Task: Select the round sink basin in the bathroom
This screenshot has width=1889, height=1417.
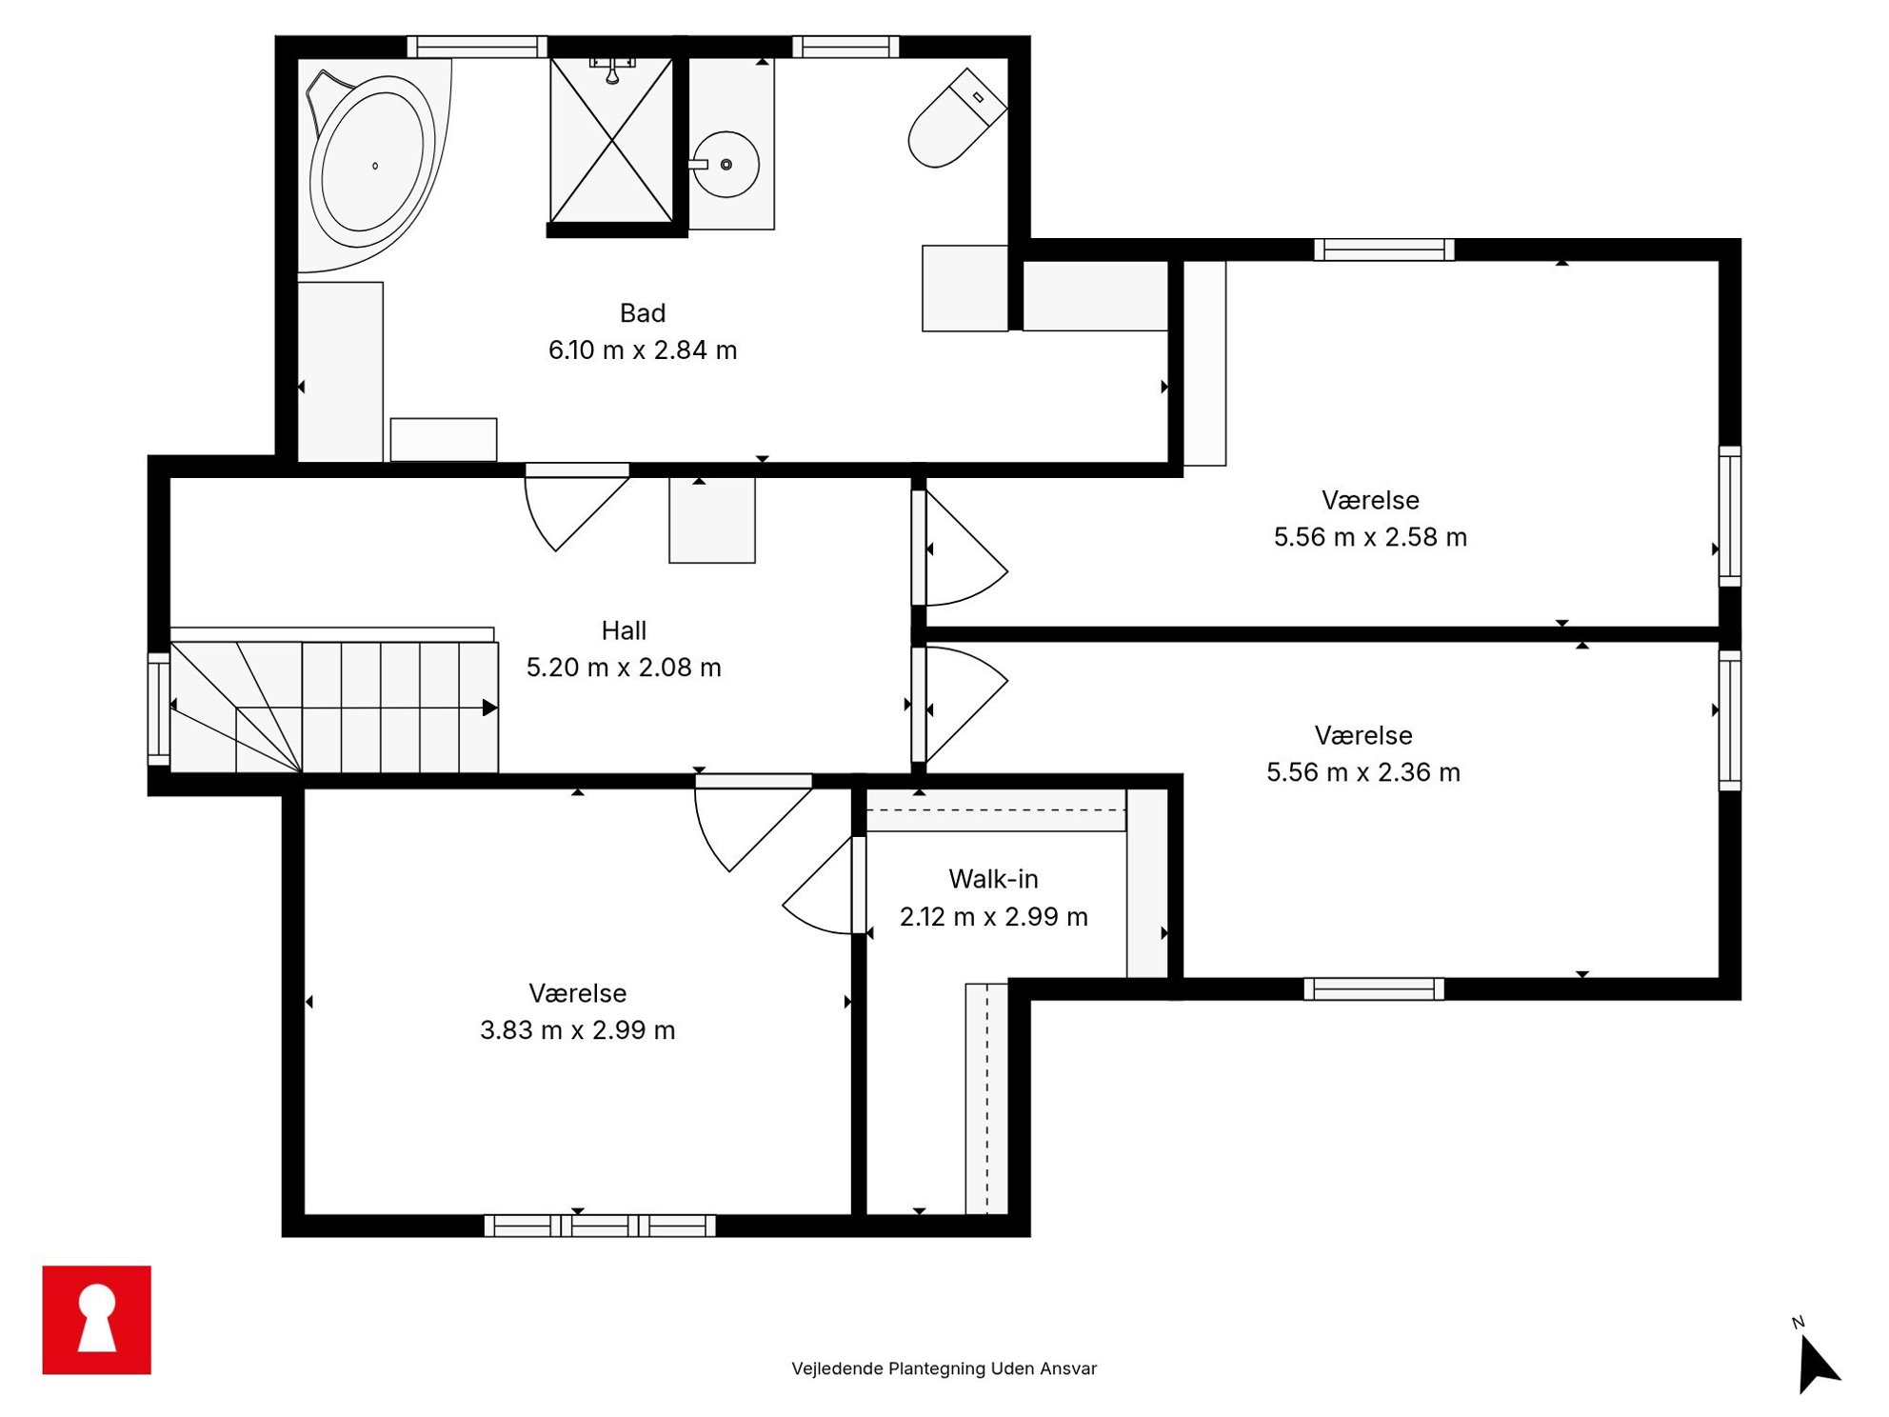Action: click(x=726, y=165)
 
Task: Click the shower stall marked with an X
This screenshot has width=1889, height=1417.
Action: click(x=611, y=140)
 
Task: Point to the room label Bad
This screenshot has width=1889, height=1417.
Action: click(x=643, y=313)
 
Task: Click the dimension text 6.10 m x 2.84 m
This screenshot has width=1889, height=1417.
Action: click(x=643, y=350)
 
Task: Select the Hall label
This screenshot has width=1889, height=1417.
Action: click(x=624, y=630)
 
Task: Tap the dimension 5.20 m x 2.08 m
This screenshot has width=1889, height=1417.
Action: click(x=624, y=668)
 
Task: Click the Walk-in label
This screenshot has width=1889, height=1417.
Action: click(x=993, y=879)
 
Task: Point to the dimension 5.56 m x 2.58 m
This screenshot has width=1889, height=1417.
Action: click(x=1370, y=537)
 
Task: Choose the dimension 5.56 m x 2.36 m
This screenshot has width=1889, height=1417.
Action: click(x=1363, y=772)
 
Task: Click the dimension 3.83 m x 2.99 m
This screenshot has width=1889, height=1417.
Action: click(x=578, y=1030)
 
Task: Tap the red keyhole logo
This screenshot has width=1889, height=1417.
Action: click(x=97, y=1320)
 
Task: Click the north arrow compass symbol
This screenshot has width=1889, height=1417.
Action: click(x=1817, y=1362)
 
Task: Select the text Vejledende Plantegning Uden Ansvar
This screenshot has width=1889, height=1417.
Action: click(x=944, y=1368)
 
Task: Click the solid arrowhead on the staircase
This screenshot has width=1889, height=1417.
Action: click(x=489, y=708)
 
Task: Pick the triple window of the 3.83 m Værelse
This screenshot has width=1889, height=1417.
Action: click(x=600, y=1226)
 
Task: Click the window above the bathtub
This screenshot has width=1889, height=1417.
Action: click(x=477, y=47)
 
